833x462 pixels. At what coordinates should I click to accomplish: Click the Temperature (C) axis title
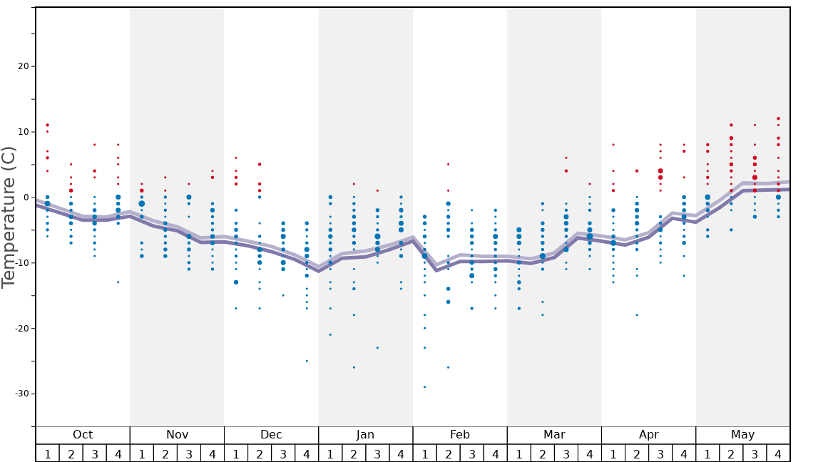(x=9, y=217)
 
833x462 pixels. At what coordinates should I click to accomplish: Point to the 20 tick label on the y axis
(x=23, y=66)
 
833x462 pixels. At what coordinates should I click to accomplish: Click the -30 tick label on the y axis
(x=21, y=394)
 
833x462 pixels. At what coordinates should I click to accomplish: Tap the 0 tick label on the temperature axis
(x=26, y=197)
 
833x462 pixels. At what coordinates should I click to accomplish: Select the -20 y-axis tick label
(x=21, y=328)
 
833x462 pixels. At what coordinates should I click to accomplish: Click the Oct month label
(x=83, y=435)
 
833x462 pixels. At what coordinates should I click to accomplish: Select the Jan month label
(x=365, y=435)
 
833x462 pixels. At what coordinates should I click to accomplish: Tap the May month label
(x=742, y=435)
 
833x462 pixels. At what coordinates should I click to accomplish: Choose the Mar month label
(x=554, y=435)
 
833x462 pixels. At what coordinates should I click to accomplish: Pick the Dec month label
(x=271, y=435)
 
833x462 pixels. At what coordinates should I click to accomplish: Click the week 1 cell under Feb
(x=424, y=453)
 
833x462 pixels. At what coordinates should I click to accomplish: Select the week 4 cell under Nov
(x=213, y=453)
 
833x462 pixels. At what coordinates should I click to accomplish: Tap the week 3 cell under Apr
(x=660, y=453)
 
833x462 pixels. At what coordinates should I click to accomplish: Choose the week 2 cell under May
(x=731, y=453)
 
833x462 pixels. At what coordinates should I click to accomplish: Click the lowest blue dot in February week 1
(x=424, y=387)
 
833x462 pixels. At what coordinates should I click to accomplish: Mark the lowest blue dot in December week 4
(x=307, y=361)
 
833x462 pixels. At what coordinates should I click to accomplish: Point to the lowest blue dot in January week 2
(x=354, y=367)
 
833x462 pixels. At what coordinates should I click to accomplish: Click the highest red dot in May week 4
(x=778, y=118)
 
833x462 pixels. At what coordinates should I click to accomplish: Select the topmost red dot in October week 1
(x=47, y=125)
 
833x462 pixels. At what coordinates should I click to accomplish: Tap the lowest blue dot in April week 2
(x=637, y=314)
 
